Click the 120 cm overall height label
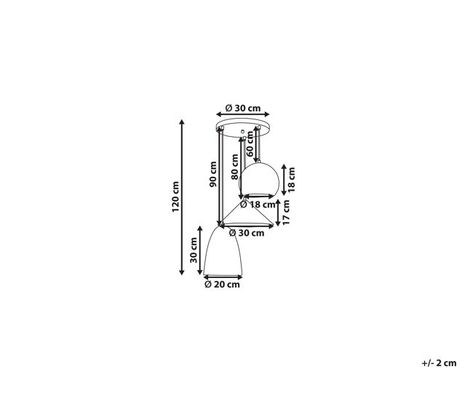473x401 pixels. (x=175, y=196)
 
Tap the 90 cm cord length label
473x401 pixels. (x=213, y=174)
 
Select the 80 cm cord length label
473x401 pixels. (x=235, y=167)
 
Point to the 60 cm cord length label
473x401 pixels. (x=250, y=144)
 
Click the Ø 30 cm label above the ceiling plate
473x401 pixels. (x=243, y=108)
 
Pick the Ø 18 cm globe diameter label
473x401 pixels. (x=258, y=205)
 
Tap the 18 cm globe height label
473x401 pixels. (x=291, y=180)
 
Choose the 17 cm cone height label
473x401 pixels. (x=286, y=213)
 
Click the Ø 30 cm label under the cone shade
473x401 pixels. (x=247, y=233)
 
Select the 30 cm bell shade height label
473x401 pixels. (x=194, y=250)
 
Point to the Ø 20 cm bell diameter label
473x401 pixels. (x=223, y=285)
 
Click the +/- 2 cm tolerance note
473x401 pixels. (x=439, y=363)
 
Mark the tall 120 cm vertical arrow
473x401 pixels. (x=182, y=197)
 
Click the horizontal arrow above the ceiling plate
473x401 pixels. (x=243, y=114)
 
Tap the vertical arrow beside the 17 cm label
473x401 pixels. (x=278, y=213)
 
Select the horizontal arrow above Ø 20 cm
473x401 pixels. (x=223, y=277)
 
